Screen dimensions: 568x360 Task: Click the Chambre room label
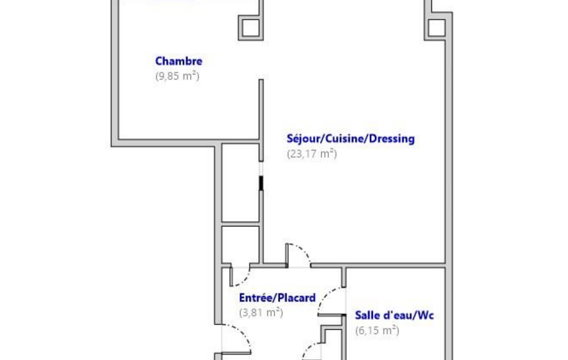click(x=178, y=61)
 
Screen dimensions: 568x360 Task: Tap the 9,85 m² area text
click(x=177, y=76)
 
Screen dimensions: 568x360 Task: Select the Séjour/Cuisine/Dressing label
click(x=351, y=138)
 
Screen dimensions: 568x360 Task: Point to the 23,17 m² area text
click(x=312, y=154)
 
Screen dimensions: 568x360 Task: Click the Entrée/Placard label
click(x=278, y=298)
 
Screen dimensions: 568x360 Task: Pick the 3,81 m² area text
click(x=261, y=312)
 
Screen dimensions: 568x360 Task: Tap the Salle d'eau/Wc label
click(x=395, y=315)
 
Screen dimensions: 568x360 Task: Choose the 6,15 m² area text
click(x=377, y=330)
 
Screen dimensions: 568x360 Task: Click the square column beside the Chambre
click(x=250, y=28)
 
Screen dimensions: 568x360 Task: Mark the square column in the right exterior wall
click(x=437, y=28)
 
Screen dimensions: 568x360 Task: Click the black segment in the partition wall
click(x=261, y=183)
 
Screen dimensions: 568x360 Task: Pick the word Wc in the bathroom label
click(x=426, y=316)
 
